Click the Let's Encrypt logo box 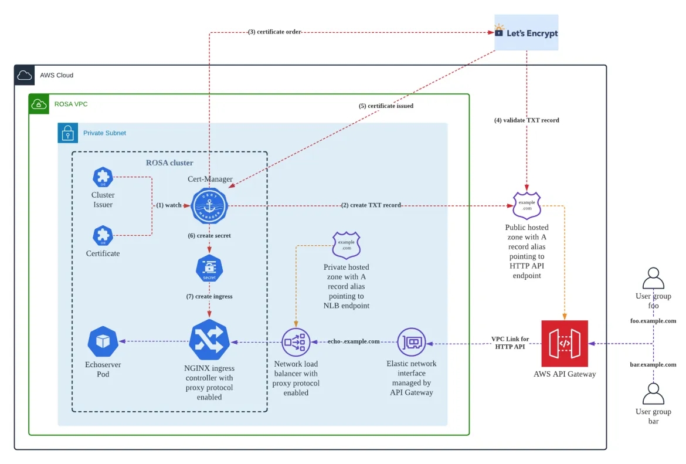pyautogui.click(x=526, y=33)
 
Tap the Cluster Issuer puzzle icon pyautogui.click(x=103, y=177)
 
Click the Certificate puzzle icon pyautogui.click(x=103, y=236)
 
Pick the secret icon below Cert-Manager pyautogui.click(x=209, y=269)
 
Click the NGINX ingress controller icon pyautogui.click(x=209, y=340)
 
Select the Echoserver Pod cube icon pyautogui.click(x=103, y=341)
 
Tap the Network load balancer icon pyautogui.click(x=296, y=341)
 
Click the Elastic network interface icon pyautogui.click(x=412, y=341)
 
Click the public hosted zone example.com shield pyautogui.click(x=527, y=206)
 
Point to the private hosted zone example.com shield pyautogui.click(x=347, y=245)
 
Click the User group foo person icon pyautogui.click(x=653, y=279)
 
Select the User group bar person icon pyautogui.click(x=653, y=394)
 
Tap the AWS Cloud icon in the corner pyautogui.click(x=25, y=75)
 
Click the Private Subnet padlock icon pyautogui.click(x=68, y=133)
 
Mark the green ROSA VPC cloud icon pyautogui.click(x=39, y=104)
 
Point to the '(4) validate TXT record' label pyautogui.click(x=527, y=120)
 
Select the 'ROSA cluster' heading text pyautogui.click(x=169, y=162)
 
